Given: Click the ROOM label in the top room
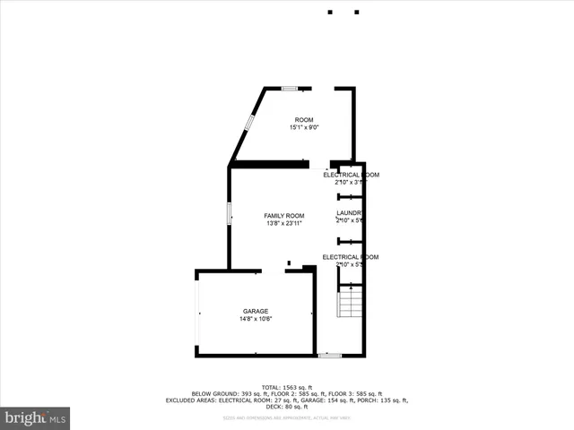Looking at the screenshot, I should (304, 119).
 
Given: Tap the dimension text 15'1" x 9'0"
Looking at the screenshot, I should (304, 128).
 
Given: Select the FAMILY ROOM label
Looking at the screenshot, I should (283, 216).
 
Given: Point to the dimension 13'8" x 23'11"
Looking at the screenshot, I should (283, 224).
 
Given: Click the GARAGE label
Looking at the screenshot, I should (255, 311).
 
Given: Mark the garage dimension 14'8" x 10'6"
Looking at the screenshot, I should (255, 319).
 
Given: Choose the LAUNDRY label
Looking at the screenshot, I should (348, 213).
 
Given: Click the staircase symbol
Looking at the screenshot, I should (348, 305).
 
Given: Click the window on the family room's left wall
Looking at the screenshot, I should (229, 214).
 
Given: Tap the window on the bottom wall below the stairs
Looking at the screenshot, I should (329, 356).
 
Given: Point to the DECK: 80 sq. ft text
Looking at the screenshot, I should (286, 408).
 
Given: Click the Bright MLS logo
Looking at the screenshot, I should (35, 418).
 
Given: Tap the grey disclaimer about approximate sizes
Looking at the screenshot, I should (286, 418).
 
